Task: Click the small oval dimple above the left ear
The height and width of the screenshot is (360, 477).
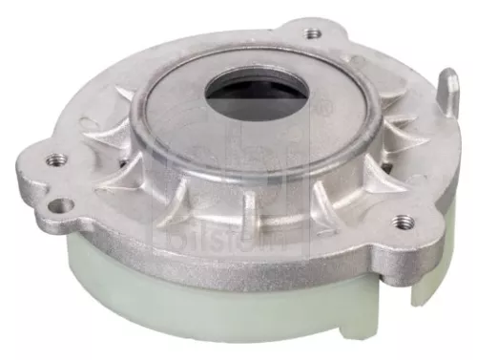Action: pos(92,124)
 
